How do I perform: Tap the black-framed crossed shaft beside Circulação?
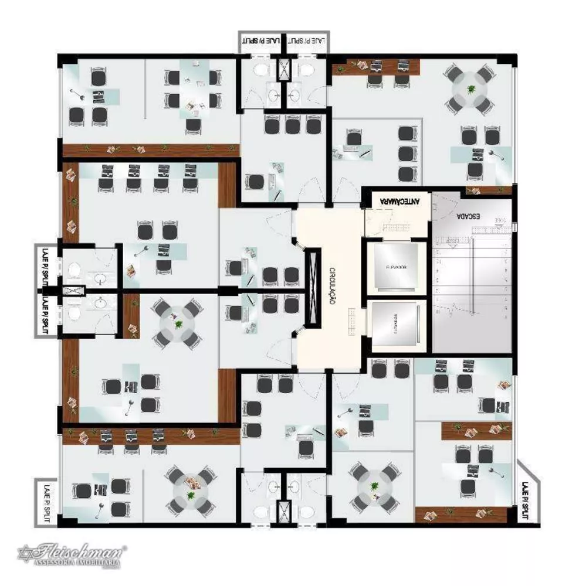312,287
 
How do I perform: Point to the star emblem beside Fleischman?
25,553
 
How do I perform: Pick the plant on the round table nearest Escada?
470,88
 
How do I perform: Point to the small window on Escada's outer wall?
514,226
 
